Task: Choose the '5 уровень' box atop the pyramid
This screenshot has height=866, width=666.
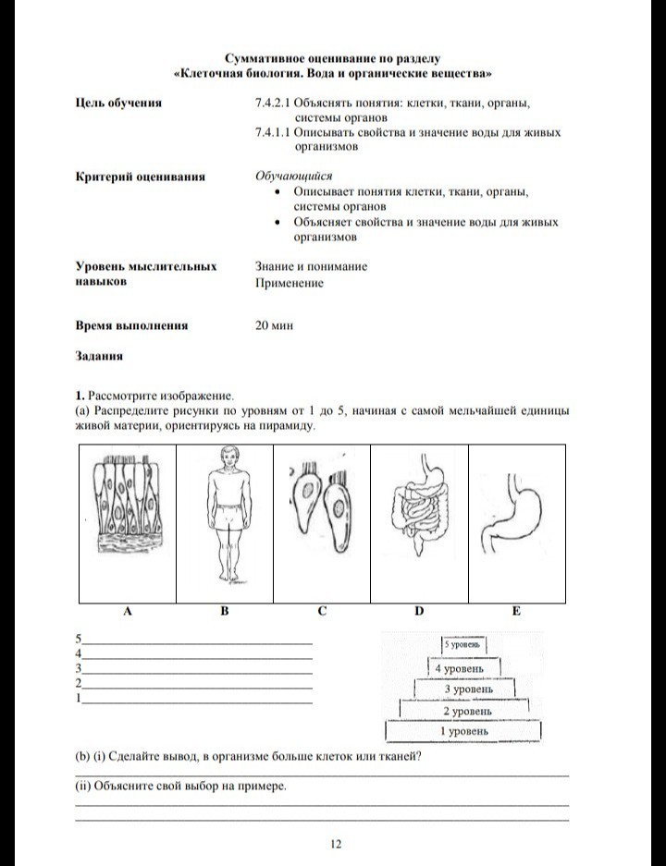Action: (463, 646)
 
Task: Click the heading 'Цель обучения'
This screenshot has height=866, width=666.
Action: (118, 103)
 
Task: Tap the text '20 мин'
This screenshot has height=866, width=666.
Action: (274, 325)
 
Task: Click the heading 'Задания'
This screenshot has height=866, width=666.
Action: (99, 355)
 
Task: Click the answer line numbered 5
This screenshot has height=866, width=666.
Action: (198, 640)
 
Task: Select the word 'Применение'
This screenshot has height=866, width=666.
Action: (290, 283)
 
